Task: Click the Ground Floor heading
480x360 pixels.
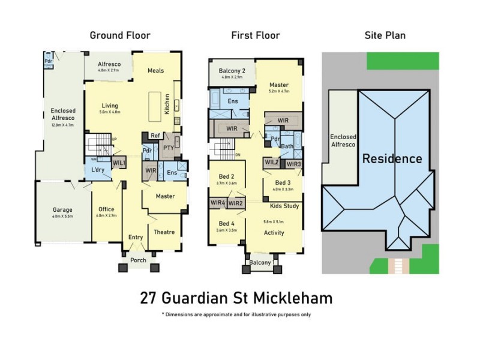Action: pos(120,35)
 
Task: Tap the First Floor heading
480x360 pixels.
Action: pos(256,35)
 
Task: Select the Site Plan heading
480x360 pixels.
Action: pos(385,35)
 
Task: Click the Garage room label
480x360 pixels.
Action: pos(62,210)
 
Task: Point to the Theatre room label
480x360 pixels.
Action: pos(164,232)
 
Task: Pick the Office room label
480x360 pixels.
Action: pos(106,209)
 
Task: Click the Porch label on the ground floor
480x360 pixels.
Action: pos(138,259)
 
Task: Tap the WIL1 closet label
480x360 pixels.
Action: pos(119,163)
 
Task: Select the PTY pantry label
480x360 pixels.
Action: pos(168,147)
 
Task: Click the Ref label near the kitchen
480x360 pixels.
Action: pos(155,136)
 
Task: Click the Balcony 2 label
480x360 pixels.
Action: pos(231,71)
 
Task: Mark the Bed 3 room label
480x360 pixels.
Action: pos(283,182)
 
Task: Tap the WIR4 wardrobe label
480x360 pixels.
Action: pos(218,203)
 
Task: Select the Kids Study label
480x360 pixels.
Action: pos(284,206)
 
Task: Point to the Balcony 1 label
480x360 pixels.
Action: pos(262,263)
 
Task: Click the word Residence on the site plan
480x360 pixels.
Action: pos(392,159)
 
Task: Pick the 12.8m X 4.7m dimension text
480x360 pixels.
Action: pos(62,125)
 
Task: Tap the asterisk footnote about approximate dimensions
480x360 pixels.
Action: pos(236,314)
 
